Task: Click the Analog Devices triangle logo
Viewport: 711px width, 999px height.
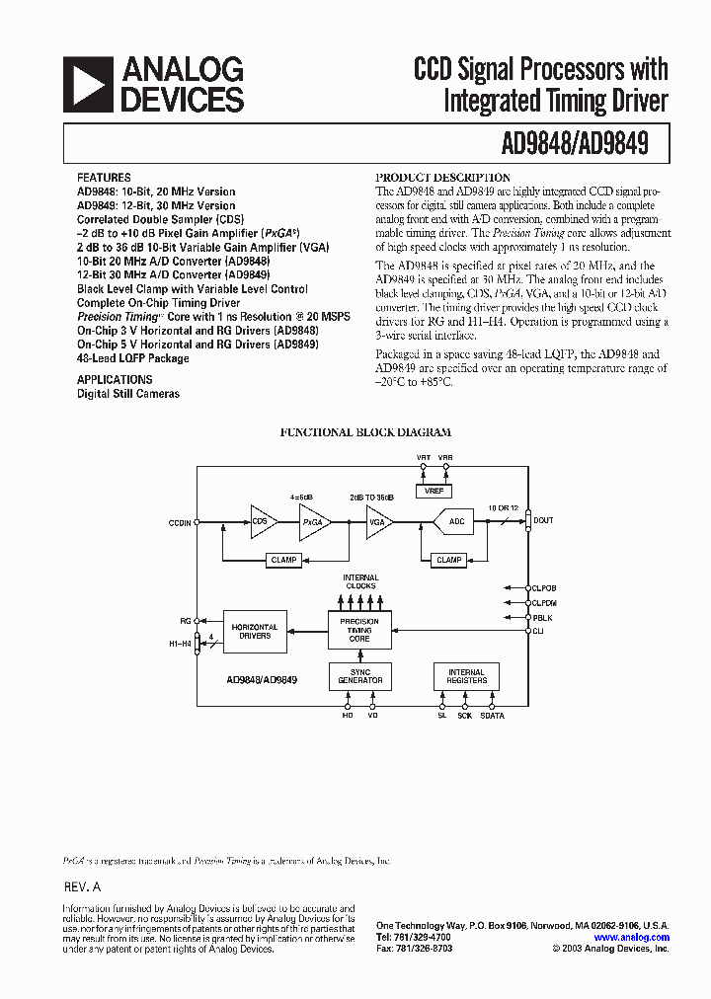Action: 86,83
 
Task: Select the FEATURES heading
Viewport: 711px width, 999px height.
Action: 103,178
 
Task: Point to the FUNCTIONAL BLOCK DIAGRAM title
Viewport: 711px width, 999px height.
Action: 365,432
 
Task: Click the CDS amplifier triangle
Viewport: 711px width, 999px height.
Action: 263,520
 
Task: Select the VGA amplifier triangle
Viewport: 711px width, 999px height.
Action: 378,520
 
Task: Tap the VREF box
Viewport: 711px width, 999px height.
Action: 434,490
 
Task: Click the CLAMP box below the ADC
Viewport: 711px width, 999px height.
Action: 449,560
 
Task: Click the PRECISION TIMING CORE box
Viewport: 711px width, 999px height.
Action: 359,630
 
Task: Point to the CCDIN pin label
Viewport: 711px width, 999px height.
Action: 179,520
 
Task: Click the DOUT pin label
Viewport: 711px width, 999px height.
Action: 543,520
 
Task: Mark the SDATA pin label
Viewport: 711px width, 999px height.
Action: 492,716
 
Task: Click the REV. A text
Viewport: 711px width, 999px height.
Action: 82,887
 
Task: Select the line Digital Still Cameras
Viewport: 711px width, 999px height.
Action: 128,394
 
